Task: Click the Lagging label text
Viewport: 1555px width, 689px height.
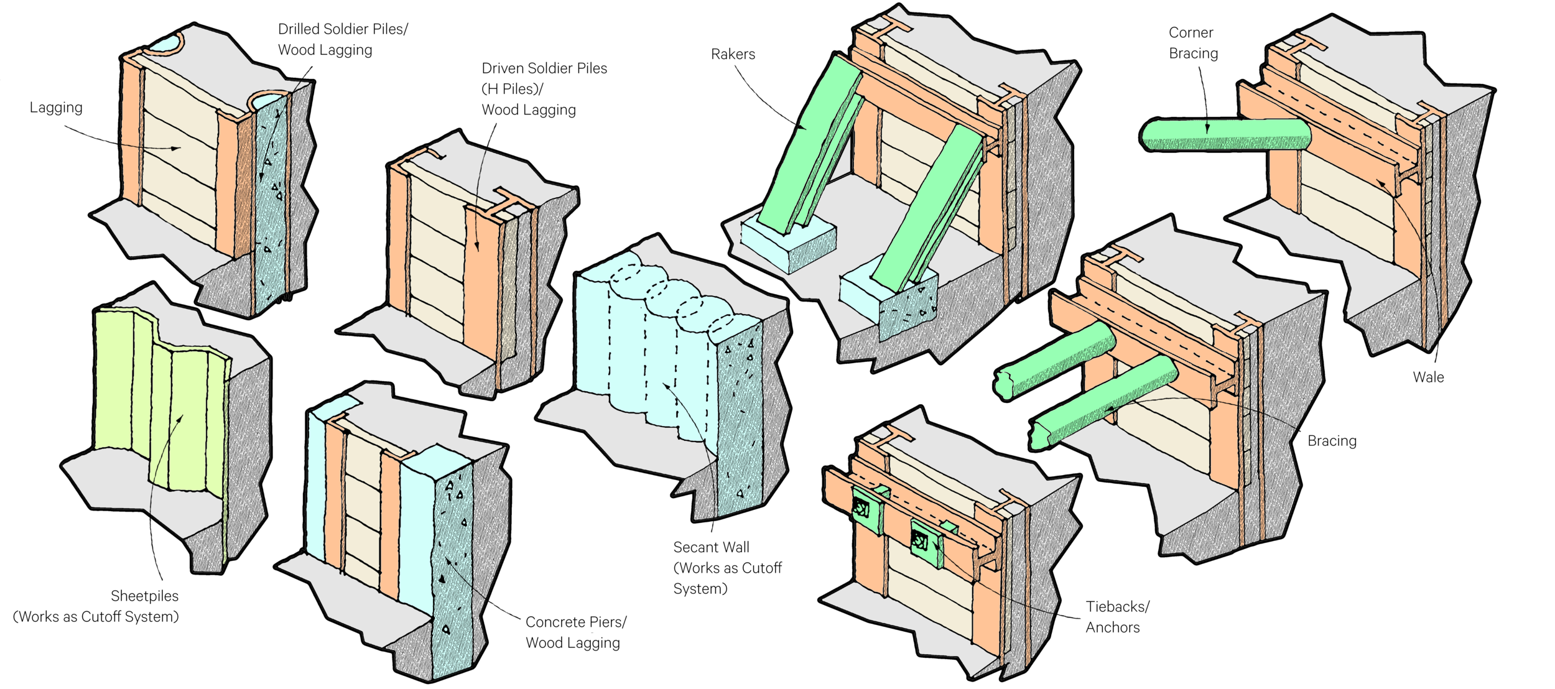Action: (56, 108)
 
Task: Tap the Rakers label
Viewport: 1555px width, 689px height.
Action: (733, 55)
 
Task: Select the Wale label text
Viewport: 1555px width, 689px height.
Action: (1428, 377)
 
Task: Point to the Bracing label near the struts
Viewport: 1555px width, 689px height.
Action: (1332, 441)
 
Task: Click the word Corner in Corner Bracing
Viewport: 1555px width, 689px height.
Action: (1191, 33)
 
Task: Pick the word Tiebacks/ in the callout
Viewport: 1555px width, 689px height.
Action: (1117, 607)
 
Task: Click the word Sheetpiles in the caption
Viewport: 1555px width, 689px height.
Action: (144, 596)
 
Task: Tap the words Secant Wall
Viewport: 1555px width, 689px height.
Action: (711, 548)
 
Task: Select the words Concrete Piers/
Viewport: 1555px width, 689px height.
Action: (576, 622)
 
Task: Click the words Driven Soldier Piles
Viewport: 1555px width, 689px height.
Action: (544, 68)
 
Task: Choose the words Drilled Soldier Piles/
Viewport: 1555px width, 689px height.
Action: (343, 29)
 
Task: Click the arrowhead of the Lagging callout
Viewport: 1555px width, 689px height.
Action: (179, 148)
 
